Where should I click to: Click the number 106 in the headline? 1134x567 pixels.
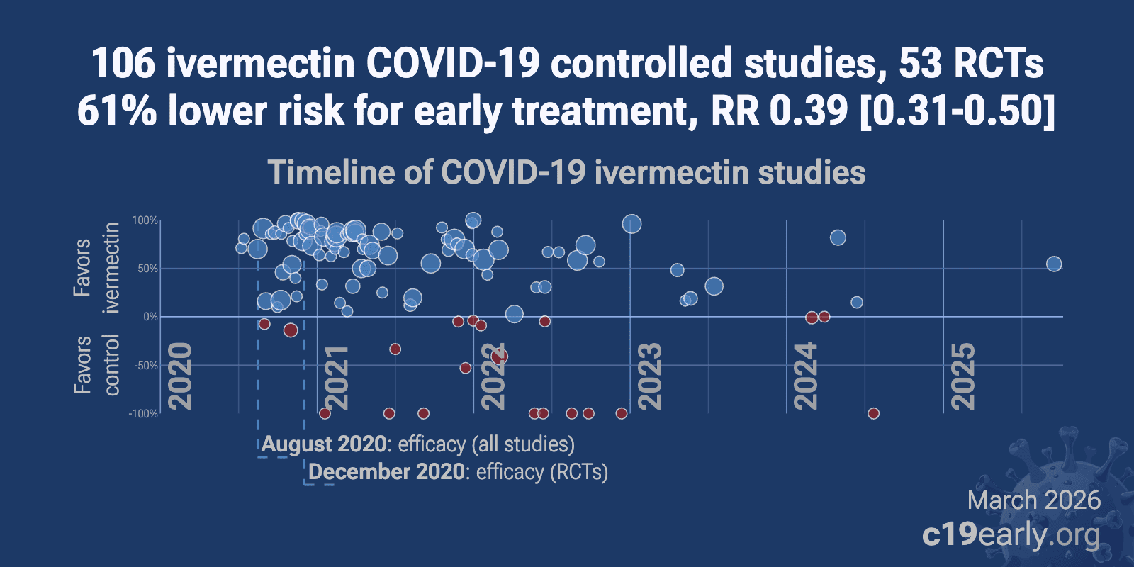point(122,64)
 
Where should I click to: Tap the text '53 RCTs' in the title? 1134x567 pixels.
point(971,64)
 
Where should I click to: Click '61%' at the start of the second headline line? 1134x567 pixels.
point(117,111)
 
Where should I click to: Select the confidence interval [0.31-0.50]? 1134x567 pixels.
point(957,111)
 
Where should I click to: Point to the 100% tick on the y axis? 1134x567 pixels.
point(145,220)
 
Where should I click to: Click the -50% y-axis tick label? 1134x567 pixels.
point(145,366)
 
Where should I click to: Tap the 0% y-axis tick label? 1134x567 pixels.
point(150,317)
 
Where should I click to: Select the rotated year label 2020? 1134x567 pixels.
point(181,376)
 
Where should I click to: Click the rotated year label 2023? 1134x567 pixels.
point(650,376)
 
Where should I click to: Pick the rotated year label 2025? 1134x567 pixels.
point(962,376)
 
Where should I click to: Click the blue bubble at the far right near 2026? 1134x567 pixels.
point(1054,264)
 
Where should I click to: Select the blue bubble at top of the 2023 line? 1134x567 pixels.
point(631,224)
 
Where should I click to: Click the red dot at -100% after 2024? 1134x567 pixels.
point(873,413)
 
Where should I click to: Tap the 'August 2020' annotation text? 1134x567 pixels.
point(325,444)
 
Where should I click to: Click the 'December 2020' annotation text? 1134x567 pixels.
point(387,472)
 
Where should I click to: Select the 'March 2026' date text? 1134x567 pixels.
point(1033,500)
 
